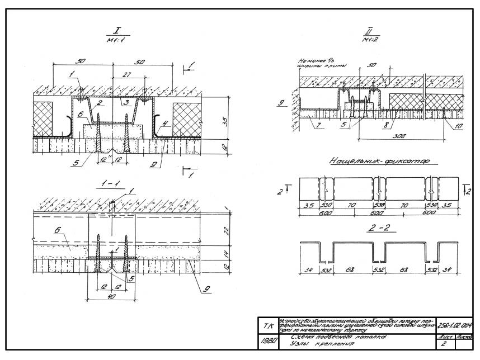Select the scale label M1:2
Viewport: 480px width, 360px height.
click(x=368, y=40)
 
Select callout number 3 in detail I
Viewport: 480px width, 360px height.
click(x=126, y=103)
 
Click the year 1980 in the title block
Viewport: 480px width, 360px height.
click(x=266, y=340)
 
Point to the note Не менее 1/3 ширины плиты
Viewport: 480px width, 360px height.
click(x=317, y=63)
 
